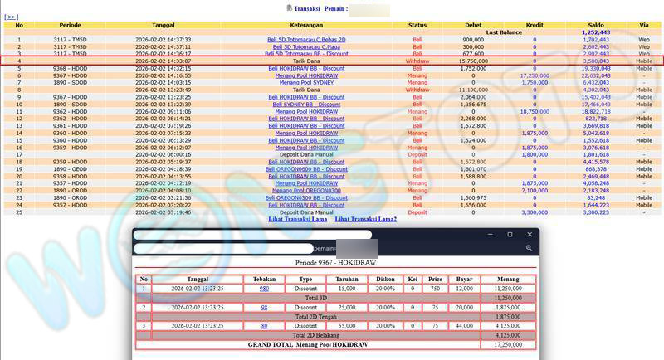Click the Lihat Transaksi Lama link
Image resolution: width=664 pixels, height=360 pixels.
pyautogui.click(x=297, y=219)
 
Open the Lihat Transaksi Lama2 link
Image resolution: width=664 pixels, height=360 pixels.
pyautogui.click(x=365, y=219)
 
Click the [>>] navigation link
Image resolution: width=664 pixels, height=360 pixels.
pyautogui.click(x=12, y=17)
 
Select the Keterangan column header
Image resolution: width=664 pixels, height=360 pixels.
pyautogui.click(x=306, y=25)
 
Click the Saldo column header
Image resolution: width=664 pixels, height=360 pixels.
pyautogui.click(x=596, y=25)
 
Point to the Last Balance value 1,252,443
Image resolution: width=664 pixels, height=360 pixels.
pyautogui.click(x=596, y=32)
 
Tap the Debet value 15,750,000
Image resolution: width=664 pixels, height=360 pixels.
pyautogui.click(x=473, y=61)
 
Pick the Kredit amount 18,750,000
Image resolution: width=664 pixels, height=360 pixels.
pyautogui.click(x=535, y=111)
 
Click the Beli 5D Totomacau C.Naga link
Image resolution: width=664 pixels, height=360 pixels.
pyautogui.click(x=306, y=46)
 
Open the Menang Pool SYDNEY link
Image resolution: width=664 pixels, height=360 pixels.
pyautogui.click(x=306, y=82)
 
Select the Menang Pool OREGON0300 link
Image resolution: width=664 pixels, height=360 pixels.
pyautogui.click(x=306, y=191)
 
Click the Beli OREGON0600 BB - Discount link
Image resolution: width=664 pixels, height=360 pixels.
pyautogui.click(x=306, y=169)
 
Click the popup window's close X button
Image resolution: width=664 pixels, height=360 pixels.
pyautogui.click(x=530, y=235)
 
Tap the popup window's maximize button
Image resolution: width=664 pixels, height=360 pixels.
pyautogui.click(x=510, y=235)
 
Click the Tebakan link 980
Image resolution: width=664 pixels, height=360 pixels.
pyautogui.click(x=264, y=288)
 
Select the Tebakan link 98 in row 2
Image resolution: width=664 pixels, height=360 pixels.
pyautogui.click(x=264, y=307)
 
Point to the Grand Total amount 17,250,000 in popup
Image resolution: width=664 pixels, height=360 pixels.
pyautogui.click(x=508, y=344)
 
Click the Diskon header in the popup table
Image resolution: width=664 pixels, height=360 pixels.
pyautogui.click(x=385, y=279)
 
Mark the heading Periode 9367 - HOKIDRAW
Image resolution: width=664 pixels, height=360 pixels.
pyautogui.click(x=334, y=263)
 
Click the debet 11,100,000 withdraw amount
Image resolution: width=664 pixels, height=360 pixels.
pyautogui.click(x=473, y=90)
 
